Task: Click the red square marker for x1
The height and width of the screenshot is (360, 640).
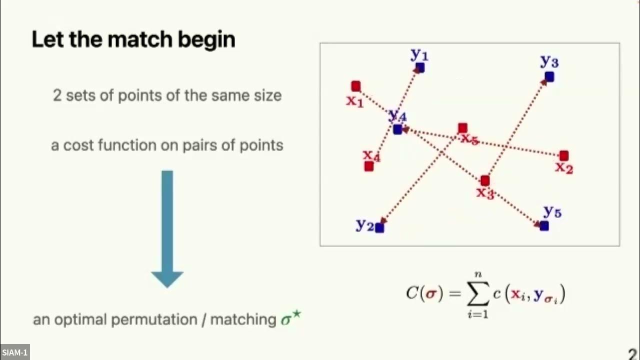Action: click(x=355, y=86)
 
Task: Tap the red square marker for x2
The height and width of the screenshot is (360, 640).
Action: click(x=564, y=155)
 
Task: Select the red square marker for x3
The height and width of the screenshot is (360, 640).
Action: click(x=484, y=180)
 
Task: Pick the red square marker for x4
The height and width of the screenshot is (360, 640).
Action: click(x=369, y=166)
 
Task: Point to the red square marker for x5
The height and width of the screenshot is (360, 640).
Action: click(x=462, y=128)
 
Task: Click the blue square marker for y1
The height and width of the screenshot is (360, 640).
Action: click(x=420, y=67)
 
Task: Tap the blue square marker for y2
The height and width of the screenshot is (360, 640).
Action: click(x=379, y=228)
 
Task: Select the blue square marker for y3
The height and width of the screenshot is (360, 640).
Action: click(x=549, y=76)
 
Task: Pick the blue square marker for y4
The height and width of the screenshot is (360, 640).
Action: click(x=397, y=129)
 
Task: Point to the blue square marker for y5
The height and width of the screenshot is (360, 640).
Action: click(x=544, y=226)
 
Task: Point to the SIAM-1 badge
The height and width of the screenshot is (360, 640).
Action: click(x=15, y=352)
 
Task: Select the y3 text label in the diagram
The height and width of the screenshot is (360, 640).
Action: click(x=549, y=61)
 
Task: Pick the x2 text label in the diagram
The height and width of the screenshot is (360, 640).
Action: click(x=563, y=168)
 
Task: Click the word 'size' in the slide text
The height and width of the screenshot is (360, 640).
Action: click(x=266, y=95)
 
